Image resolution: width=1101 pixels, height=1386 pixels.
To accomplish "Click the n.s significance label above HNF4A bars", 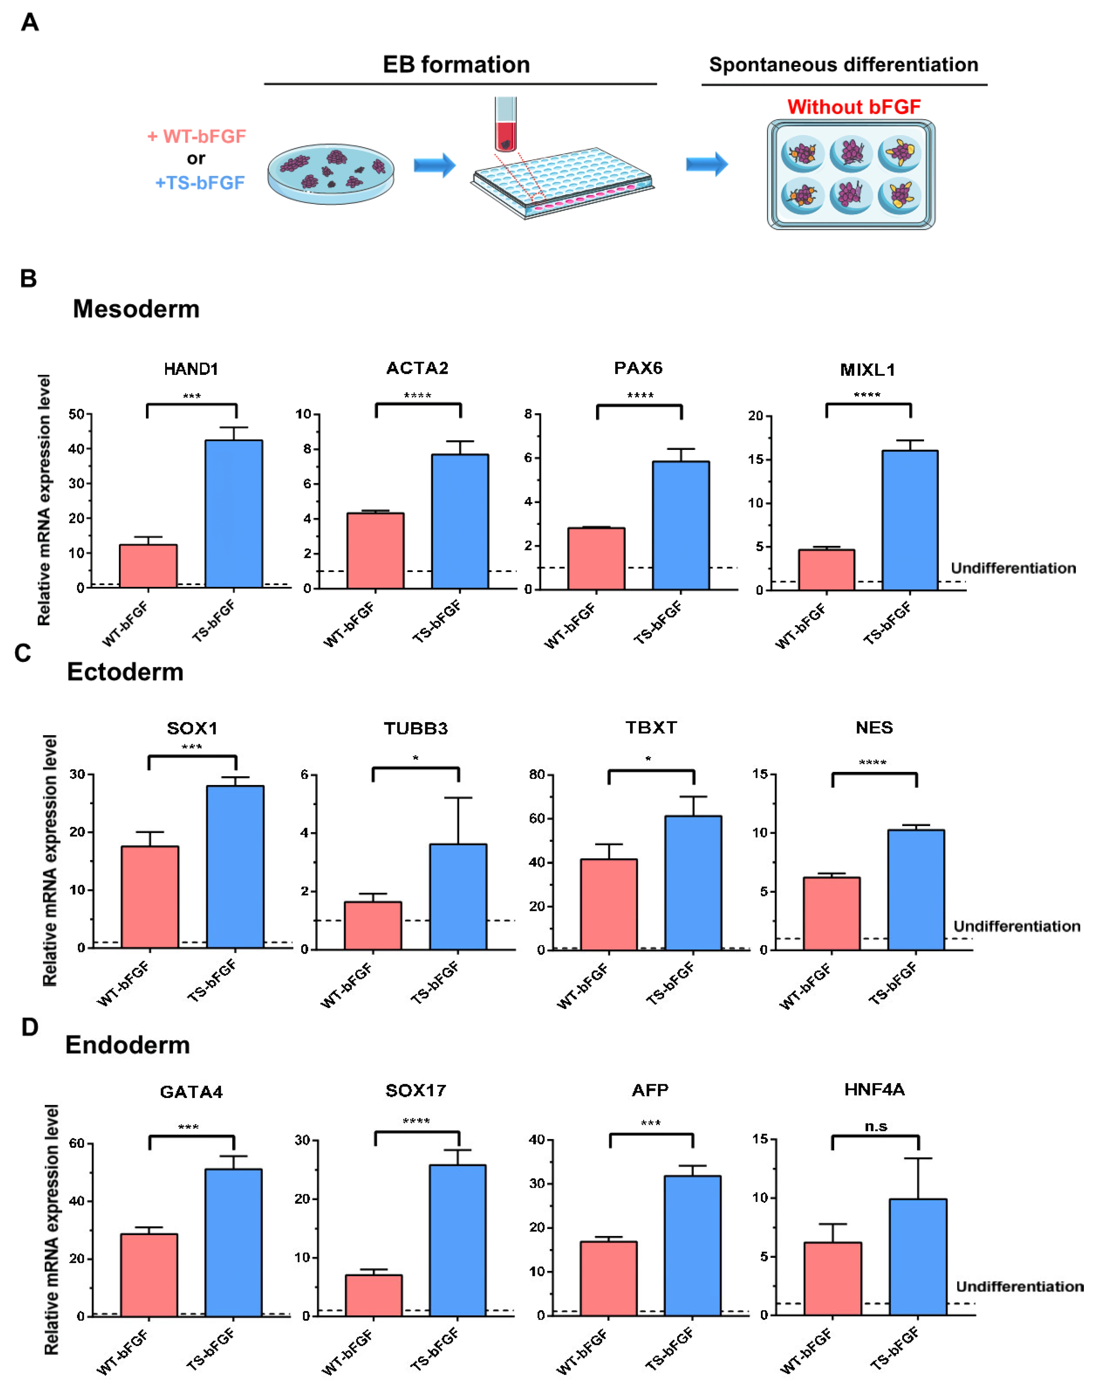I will coord(875,1126).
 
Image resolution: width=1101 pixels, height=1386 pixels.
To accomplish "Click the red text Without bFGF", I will coord(853,107).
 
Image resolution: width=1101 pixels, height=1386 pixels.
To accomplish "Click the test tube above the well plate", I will coord(505,123).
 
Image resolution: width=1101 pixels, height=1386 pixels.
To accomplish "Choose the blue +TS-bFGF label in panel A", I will coord(200,183).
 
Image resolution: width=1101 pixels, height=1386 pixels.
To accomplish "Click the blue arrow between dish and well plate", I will coord(435,165).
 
